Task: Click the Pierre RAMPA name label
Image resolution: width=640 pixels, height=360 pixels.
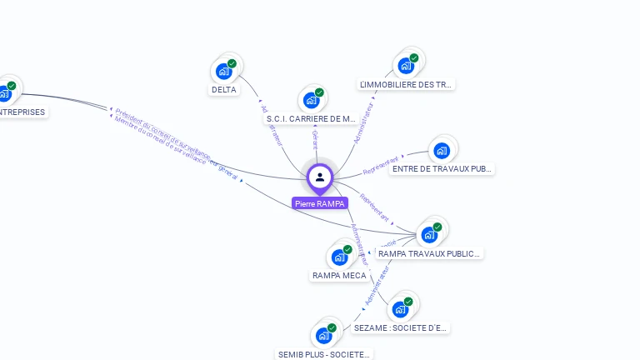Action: pos(320,203)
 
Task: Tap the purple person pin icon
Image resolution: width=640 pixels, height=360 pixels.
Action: pos(320,177)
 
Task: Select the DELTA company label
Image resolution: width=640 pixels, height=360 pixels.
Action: pos(223,90)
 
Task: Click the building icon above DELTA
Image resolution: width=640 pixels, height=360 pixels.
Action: pos(224,71)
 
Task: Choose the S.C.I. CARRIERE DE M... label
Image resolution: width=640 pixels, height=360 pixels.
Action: pos(311,119)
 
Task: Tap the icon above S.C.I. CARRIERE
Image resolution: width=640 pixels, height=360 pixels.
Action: pos(312,100)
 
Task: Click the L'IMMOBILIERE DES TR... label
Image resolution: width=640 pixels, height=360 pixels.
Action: pos(406,84)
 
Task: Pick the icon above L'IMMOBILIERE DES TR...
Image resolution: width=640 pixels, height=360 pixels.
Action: pos(407,65)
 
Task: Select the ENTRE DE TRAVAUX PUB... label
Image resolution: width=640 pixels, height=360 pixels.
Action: pos(442,169)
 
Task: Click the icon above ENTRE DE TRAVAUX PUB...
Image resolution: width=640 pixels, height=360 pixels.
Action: pos(442,151)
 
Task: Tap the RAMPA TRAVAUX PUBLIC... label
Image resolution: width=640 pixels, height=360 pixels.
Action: pos(428,253)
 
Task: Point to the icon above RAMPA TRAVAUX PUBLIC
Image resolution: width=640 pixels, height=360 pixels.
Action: pos(430,234)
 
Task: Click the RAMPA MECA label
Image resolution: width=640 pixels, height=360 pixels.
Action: pos(339,275)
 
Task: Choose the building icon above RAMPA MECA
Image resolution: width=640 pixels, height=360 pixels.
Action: pos(340,256)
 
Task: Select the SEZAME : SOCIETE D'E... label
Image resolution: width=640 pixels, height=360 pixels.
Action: pos(400,328)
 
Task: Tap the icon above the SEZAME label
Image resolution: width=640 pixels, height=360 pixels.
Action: pos(401,309)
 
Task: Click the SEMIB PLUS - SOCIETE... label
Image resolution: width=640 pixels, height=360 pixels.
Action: pos(323,354)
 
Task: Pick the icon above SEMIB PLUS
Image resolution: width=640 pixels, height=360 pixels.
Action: pos(324,336)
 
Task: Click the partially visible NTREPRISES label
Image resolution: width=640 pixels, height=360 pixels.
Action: pos(22,112)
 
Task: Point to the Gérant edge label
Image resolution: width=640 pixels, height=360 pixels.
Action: pos(314,137)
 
